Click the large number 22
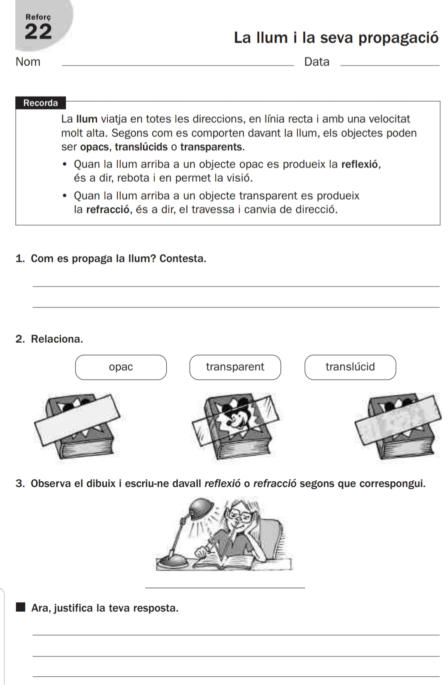38,32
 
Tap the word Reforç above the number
38,17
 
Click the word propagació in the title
398,38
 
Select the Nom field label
28,62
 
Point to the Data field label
317,62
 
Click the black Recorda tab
41,103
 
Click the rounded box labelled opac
121,367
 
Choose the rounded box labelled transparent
235,367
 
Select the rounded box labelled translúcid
350,367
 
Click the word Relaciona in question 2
57,339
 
